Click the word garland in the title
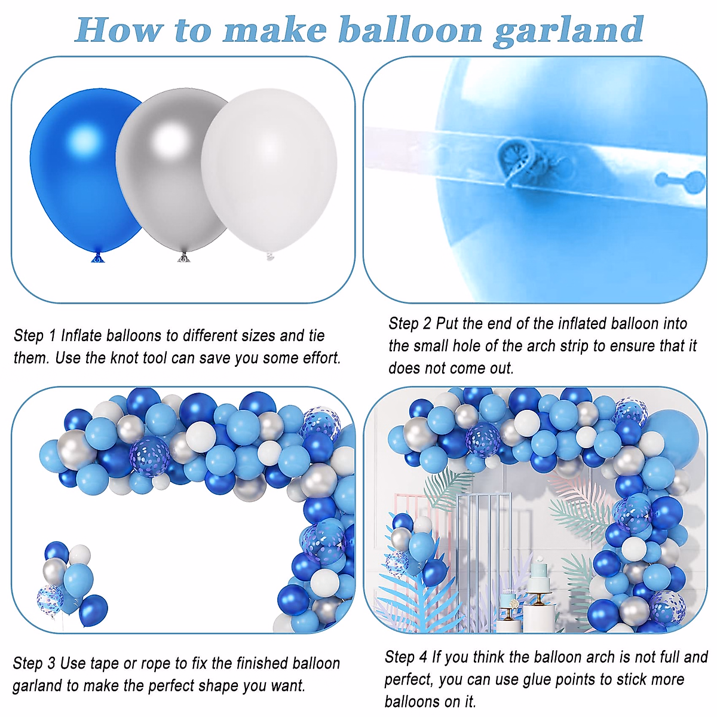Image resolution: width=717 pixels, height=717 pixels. click(568, 30)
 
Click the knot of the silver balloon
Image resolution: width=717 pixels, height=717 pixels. click(183, 258)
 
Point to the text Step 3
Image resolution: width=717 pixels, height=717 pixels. click(34, 663)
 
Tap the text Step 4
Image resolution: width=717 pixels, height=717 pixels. click(406, 657)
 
